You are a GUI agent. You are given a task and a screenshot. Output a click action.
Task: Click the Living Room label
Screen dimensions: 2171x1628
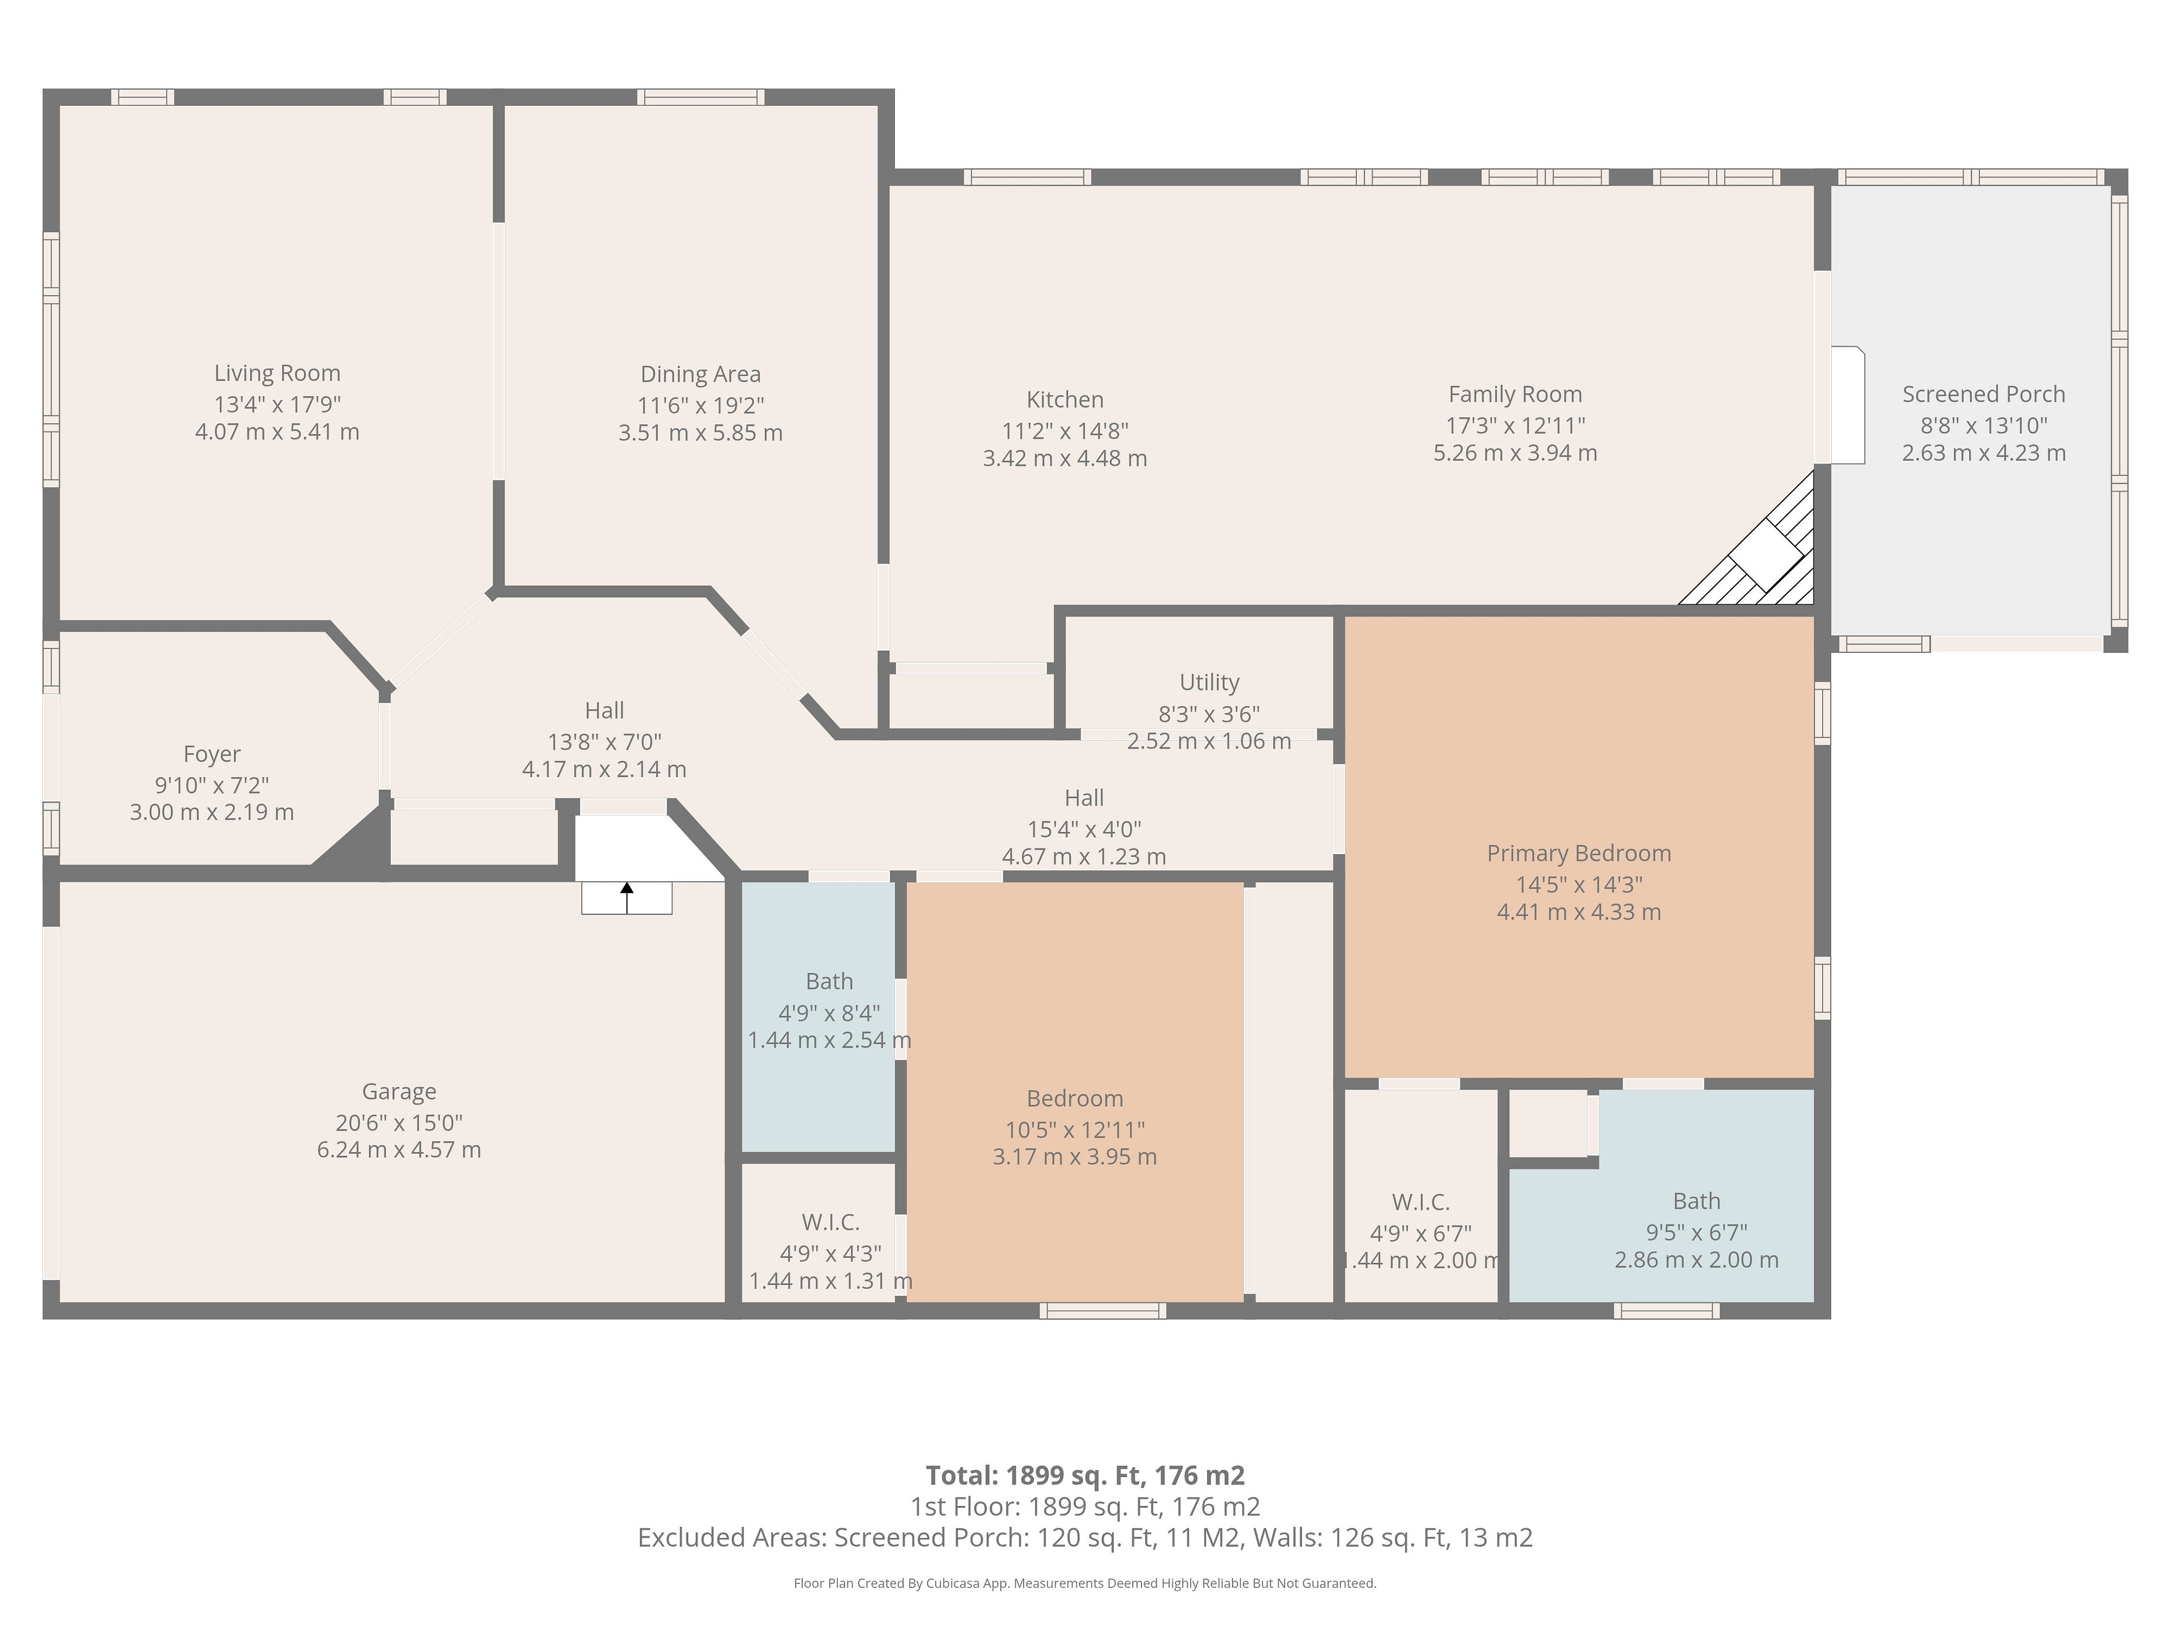(278, 373)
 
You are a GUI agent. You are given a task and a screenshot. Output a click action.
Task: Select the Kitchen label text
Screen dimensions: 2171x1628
(1065, 400)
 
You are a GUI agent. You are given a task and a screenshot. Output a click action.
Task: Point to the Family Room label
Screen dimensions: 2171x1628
(1515, 395)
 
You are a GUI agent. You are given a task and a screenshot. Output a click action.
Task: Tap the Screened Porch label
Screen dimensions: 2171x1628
(1983, 395)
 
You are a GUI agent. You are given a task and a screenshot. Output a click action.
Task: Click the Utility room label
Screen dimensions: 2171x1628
(1209, 682)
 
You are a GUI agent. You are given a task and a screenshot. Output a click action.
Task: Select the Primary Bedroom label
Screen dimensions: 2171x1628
(1579, 854)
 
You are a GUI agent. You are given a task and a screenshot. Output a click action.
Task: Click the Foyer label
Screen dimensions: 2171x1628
(212, 755)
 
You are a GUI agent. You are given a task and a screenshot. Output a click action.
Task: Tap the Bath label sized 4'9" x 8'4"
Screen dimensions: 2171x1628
(829, 981)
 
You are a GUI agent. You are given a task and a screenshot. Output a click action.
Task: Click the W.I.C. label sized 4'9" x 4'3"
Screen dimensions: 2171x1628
(831, 1223)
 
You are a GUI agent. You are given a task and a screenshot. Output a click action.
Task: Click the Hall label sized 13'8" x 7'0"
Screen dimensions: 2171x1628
(604, 711)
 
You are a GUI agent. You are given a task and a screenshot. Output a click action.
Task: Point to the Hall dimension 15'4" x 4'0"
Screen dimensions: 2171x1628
(1084, 829)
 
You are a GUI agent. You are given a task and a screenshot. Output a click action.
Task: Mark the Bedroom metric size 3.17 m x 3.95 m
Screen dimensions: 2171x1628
(1075, 1157)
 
